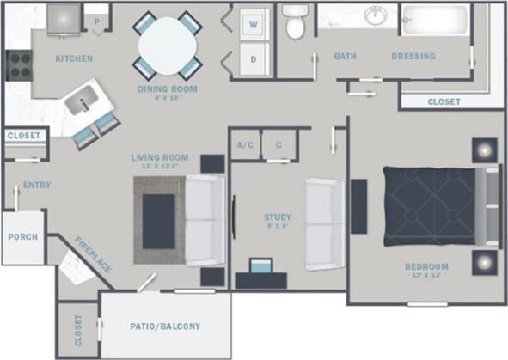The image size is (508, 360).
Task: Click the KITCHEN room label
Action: click(74, 58)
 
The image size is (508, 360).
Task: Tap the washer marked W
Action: click(254, 25)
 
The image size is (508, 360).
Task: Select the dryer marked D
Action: click(254, 59)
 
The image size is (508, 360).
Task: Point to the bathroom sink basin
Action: click(375, 15)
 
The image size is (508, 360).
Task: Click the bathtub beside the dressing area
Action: click(436, 20)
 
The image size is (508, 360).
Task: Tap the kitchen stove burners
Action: click(19, 65)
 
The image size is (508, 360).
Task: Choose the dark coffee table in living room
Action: click(159, 221)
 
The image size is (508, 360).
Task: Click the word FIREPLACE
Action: click(92, 254)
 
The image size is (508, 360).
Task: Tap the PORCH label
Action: click(22, 237)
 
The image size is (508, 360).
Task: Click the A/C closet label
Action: click(244, 145)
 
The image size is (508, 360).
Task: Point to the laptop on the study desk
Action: click(260, 265)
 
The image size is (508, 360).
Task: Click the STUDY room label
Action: click(278, 217)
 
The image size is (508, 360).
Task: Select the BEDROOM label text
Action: click(427, 266)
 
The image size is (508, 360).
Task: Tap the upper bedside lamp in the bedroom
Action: click(485, 152)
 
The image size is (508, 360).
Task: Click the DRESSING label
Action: click(413, 57)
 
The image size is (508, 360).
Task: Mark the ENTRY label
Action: click(37, 185)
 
